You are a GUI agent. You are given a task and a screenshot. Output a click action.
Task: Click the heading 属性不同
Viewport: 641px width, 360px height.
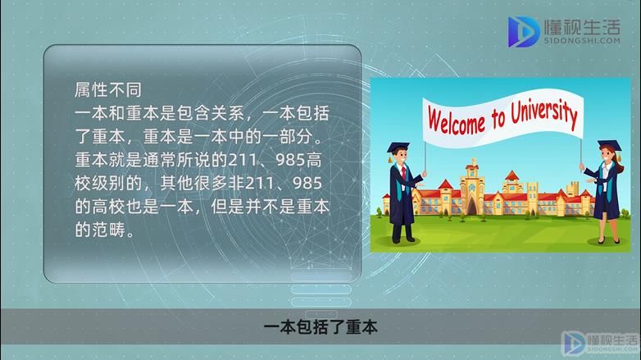[x=108, y=89]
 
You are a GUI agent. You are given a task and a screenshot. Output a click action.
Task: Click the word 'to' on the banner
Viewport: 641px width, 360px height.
[x=498, y=117]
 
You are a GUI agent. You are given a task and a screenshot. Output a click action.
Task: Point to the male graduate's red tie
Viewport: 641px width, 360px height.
[x=403, y=173]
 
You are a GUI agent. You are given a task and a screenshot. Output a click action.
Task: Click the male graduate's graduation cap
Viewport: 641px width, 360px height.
[x=398, y=148]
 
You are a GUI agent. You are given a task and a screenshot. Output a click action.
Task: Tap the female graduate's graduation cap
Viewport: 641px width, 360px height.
[x=610, y=146]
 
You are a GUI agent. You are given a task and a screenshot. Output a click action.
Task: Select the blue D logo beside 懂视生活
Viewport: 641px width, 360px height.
[x=523, y=31]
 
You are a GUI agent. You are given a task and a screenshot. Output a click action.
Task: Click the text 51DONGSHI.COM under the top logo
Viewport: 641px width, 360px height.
[x=582, y=40]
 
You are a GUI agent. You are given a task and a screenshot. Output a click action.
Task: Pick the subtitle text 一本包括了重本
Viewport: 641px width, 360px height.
[x=320, y=327]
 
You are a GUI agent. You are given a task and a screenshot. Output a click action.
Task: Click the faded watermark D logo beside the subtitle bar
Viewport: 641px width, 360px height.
[x=574, y=343]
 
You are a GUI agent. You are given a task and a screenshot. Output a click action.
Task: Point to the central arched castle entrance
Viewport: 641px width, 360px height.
[x=472, y=206]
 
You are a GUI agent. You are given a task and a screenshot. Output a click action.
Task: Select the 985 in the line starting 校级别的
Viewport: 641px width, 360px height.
[x=307, y=183]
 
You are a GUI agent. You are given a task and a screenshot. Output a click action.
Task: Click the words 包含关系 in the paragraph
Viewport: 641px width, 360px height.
[x=211, y=113]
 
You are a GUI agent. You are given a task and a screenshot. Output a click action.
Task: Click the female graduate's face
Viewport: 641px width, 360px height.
[x=607, y=156]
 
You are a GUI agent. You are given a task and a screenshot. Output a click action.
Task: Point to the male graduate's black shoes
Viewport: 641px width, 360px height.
[x=402, y=239]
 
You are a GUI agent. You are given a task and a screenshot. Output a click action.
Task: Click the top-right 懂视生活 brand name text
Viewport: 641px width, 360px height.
[x=582, y=26]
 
